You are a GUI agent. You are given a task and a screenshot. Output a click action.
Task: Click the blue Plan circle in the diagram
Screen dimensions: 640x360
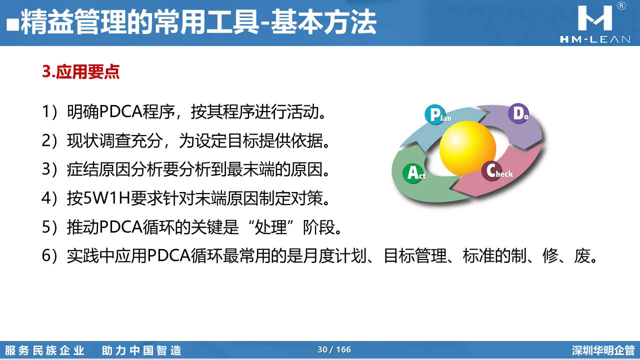tap(435, 114)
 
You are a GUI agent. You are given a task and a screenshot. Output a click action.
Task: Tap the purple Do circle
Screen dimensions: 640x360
tap(518, 113)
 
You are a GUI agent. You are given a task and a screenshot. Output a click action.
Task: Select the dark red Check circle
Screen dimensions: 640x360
tap(491, 171)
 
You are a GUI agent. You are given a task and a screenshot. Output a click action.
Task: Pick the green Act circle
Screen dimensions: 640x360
tap(413, 173)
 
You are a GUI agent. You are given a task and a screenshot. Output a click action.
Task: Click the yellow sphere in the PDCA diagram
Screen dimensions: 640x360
tap(467, 148)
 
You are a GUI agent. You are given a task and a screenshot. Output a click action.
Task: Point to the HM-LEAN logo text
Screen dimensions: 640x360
tap(595, 39)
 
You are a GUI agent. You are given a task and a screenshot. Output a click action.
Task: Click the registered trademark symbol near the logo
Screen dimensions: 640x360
tap(621, 6)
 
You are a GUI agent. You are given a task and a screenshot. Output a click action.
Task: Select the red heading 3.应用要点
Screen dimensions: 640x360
tap(80, 71)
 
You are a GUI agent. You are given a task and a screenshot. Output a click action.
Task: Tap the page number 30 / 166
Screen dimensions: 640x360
tap(334, 349)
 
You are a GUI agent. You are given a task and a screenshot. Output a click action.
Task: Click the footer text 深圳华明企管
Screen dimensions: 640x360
tap(603, 350)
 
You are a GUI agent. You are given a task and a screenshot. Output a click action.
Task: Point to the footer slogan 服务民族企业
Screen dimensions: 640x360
tap(44, 350)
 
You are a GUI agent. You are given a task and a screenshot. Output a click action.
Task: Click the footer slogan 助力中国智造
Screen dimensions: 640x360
tap(141, 350)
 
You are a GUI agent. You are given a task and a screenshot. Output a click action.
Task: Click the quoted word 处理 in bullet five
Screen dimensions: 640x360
tap(270, 227)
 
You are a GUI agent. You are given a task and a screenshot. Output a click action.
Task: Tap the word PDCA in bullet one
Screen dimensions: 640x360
tap(121, 111)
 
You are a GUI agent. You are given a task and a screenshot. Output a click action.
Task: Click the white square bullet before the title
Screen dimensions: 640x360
tap(12, 24)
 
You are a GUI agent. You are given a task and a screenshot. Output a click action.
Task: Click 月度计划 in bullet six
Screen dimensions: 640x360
tap(334, 255)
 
